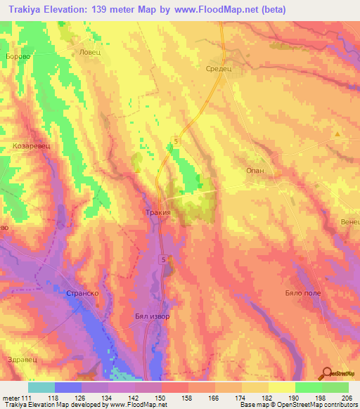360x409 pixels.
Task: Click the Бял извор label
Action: [152, 316]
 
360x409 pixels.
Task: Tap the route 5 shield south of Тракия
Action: [163, 260]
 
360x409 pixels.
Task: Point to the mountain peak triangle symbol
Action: [337, 133]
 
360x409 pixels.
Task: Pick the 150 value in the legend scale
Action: [162, 398]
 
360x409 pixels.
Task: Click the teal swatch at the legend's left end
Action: [41, 387]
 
